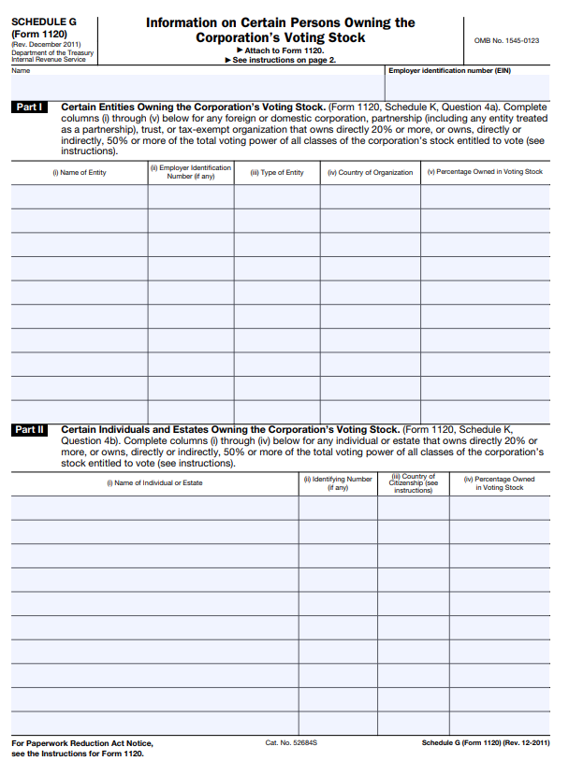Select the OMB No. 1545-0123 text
pos(507,40)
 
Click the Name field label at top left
pos(21,71)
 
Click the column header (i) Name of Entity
pos(80,173)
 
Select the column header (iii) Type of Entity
pos(277,173)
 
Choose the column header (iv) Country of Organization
pos(371,173)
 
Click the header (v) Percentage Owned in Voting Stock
pos(485,172)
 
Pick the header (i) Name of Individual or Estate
pos(154,483)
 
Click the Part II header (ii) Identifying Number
pos(338,483)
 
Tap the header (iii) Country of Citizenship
pos(413,483)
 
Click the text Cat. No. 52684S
pos(291,742)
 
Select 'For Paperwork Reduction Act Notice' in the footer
pos(81,743)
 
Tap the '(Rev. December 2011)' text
pos(46,44)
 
